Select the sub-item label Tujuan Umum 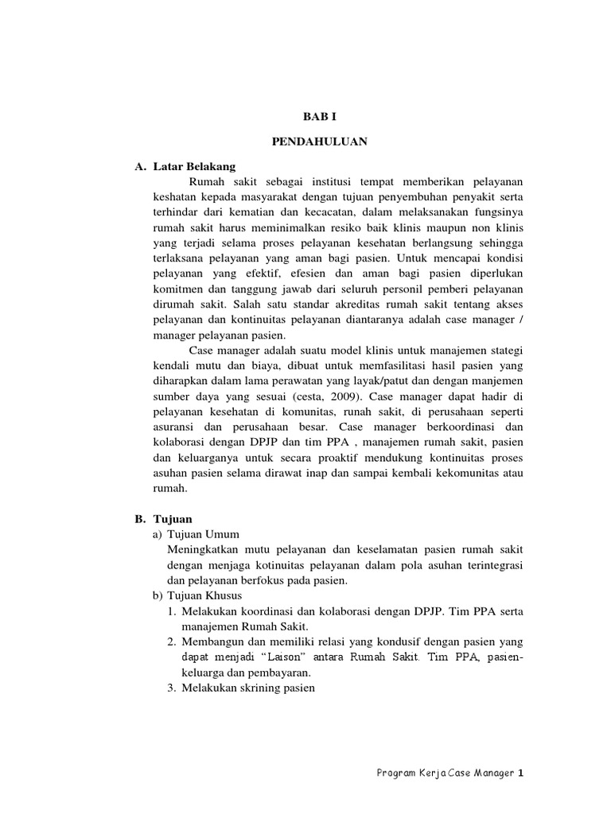coord(204,534)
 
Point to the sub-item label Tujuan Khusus coord(207,595)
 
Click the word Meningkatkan coord(205,549)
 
